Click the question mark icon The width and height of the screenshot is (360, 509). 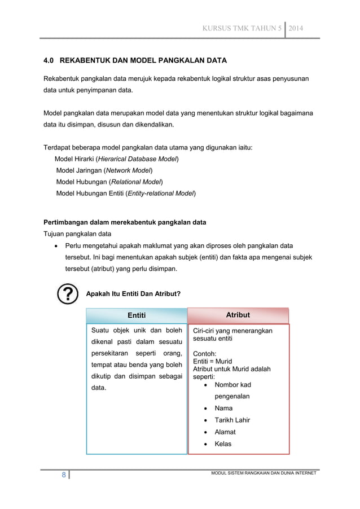pos(68,294)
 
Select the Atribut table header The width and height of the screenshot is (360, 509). pos(238,315)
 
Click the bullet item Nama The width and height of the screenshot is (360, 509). pos(223,408)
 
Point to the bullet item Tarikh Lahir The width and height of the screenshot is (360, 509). pos(232,420)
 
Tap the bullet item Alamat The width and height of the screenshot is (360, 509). pos(225,432)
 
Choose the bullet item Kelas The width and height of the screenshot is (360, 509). pos(223,444)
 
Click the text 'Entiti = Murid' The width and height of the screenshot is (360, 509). pos(213,362)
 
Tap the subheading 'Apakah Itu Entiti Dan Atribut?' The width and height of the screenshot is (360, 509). pos(133,293)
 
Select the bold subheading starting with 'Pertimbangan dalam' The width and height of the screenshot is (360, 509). pos(125,222)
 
